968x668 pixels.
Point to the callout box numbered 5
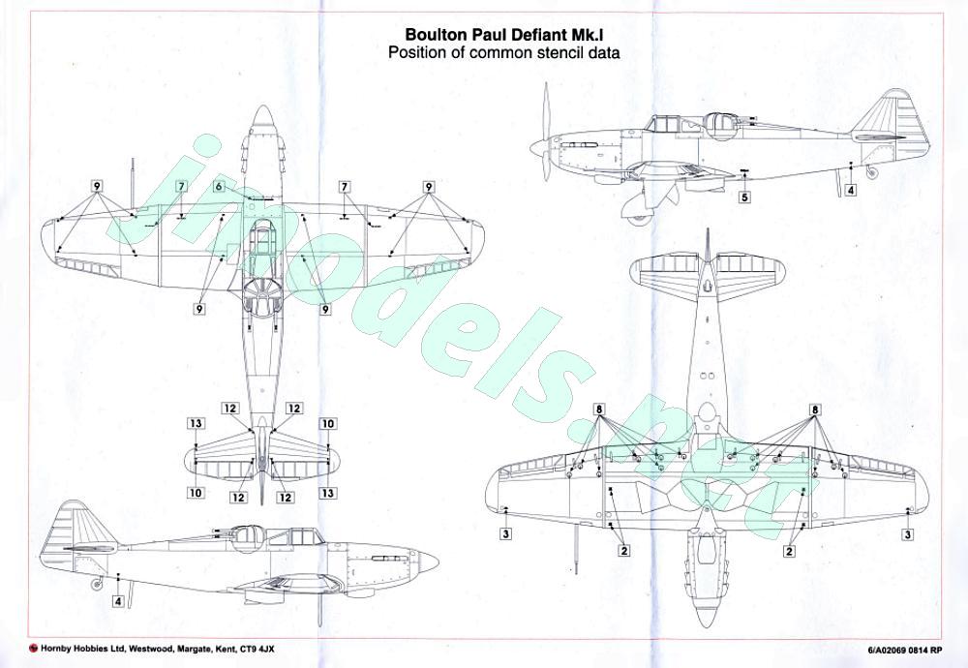744,197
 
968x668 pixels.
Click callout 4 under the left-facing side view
850,190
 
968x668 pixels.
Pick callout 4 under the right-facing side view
118,601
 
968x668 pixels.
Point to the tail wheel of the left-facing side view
872,173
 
